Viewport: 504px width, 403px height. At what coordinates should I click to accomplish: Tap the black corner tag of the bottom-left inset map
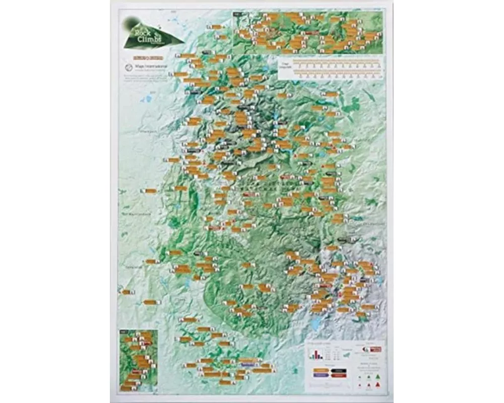click(x=122, y=332)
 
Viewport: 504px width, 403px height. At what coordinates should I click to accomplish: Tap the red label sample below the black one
click(x=338, y=376)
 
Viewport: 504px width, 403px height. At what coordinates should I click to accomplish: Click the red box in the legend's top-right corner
click(x=375, y=349)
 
